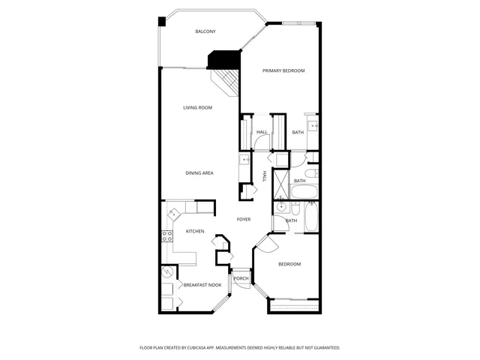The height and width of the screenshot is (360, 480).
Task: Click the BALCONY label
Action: click(x=205, y=31)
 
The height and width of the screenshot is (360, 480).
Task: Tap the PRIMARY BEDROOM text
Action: click(x=283, y=70)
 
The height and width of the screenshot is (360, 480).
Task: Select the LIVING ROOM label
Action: click(x=198, y=108)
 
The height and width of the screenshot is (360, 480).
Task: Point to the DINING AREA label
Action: click(x=199, y=173)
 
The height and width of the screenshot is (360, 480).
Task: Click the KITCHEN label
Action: click(x=195, y=231)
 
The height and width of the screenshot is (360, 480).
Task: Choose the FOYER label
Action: click(x=244, y=219)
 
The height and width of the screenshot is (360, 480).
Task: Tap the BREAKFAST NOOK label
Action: click(x=202, y=285)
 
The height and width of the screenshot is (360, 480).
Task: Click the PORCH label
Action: click(x=241, y=279)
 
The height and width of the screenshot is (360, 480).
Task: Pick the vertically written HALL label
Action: click(x=264, y=176)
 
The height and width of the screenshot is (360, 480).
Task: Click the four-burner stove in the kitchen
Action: click(x=168, y=235)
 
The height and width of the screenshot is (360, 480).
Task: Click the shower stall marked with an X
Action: click(x=280, y=184)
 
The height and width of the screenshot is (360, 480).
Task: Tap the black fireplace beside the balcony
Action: click(x=223, y=59)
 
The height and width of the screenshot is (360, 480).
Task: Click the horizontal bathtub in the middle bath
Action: click(x=304, y=191)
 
